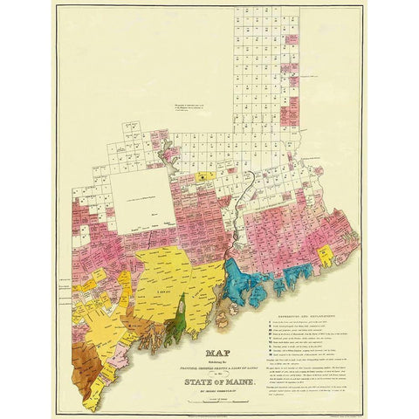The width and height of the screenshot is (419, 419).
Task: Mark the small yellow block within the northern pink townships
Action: click(203, 175)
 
